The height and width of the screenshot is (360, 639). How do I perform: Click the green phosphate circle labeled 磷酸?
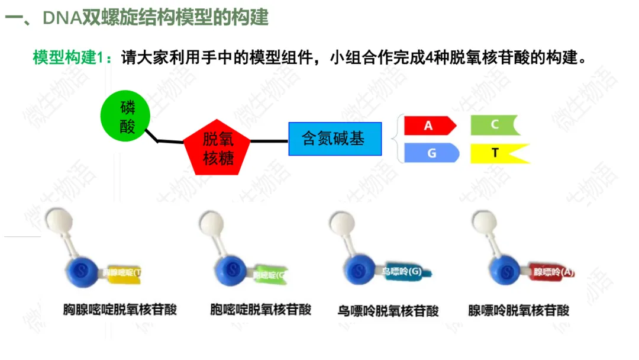point(127,117)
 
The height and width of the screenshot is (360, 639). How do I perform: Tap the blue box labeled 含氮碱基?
point(335,139)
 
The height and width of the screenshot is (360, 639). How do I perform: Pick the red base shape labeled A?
point(429,126)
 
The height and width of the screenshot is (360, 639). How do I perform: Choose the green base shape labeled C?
point(494,125)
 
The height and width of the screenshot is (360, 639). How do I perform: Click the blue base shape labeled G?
point(431,153)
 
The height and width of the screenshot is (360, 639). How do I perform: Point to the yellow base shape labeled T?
point(496,153)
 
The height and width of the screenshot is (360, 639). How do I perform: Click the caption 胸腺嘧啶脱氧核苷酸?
point(120,310)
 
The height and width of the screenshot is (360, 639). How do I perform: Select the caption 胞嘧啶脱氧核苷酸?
point(260,310)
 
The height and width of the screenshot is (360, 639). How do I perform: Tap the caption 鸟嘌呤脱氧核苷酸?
point(388,310)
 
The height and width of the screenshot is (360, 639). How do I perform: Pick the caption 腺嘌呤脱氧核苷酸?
point(518,310)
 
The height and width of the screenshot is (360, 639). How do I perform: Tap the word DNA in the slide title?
point(62,18)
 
